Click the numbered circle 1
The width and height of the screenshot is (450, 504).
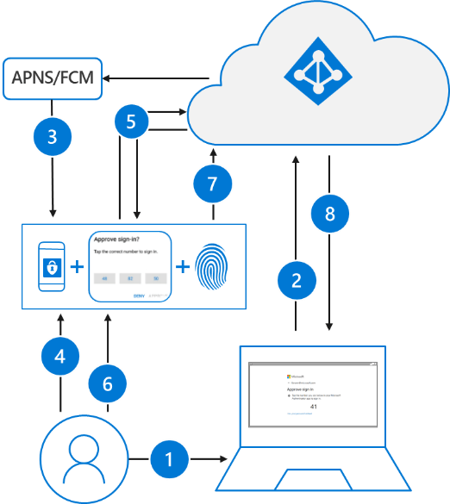tap(169, 460)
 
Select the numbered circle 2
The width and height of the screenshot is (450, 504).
tap(296, 279)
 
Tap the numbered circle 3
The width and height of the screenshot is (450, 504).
tap(53, 136)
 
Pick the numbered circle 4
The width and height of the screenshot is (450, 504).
tap(60, 354)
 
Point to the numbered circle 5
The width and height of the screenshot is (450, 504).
tap(131, 122)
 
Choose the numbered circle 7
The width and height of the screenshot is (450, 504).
tap(210, 184)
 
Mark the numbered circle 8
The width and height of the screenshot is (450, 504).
tap(329, 214)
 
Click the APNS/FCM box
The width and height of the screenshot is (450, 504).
tap(53, 79)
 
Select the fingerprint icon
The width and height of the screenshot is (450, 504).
tap(212, 267)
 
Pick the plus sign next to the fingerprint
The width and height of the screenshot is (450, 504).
tap(183, 267)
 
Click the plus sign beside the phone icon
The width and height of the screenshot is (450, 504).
tap(77, 267)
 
